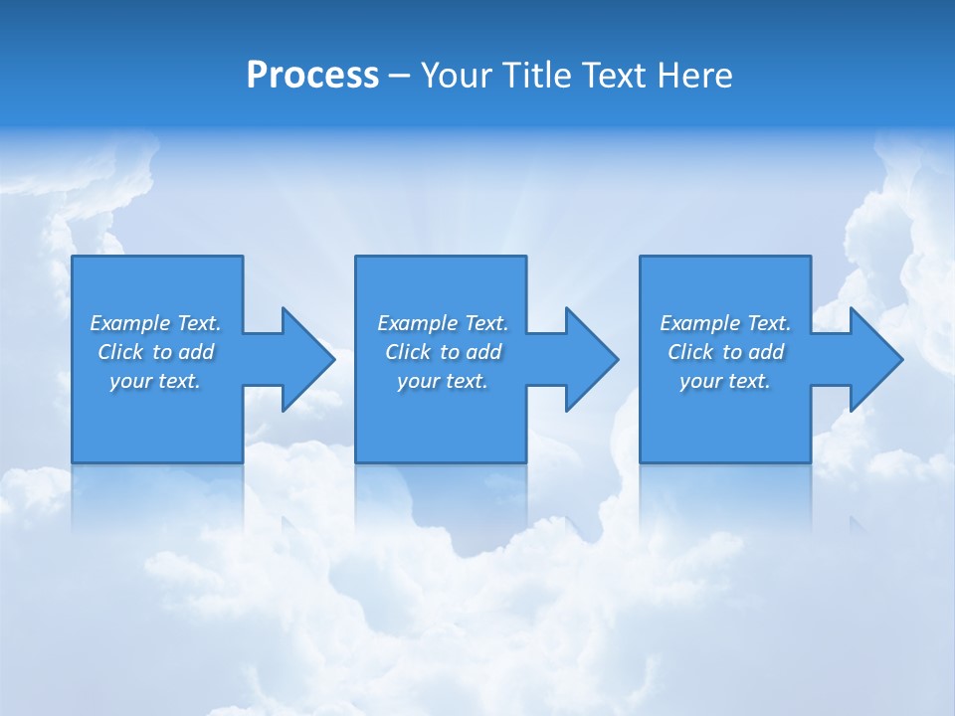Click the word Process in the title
point(312,76)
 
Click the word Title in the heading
point(538,76)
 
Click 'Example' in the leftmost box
point(130,323)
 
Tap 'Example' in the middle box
point(418,323)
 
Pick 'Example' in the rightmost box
point(700,323)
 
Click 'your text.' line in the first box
point(155,381)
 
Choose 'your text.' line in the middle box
point(442,381)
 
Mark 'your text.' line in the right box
point(725,381)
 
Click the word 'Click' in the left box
point(120,352)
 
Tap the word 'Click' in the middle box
point(408,352)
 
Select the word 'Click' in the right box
point(690,352)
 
